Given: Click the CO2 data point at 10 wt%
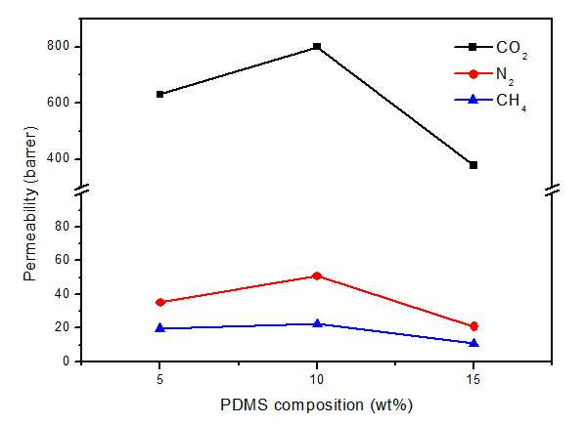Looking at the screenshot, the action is pyautogui.click(x=317, y=47).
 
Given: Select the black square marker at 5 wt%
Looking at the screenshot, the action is pyautogui.click(x=160, y=94).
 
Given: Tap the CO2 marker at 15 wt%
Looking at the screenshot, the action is pyautogui.click(x=473, y=165).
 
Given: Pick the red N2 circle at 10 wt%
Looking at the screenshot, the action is pyautogui.click(x=317, y=276).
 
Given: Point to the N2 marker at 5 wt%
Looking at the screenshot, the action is pyautogui.click(x=160, y=302).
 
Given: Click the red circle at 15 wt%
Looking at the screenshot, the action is pyautogui.click(x=473, y=326).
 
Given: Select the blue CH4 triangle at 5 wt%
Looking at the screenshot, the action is pyautogui.click(x=160, y=327).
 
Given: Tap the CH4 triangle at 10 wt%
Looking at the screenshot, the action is pyautogui.click(x=317, y=323).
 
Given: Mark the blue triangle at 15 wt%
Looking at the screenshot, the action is pyautogui.click(x=473, y=343).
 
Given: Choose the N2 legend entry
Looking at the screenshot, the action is pyautogui.click(x=484, y=75).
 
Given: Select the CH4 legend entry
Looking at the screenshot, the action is pyautogui.click(x=491, y=102).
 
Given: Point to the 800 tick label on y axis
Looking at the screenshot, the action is pyautogui.click(x=59, y=46).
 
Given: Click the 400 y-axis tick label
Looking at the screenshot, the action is pyautogui.click(x=59, y=158).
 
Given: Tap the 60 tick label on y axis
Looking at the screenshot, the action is pyautogui.click(x=63, y=260).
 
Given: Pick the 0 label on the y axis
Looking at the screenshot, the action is pyautogui.click(x=67, y=361).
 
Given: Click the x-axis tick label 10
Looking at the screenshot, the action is pyautogui.click(x=317, y=379).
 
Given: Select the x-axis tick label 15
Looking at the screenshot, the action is pyautogui.click(x=473, y=379).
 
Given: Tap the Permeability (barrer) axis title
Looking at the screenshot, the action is pyautogui.click(x=30, y=204).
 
